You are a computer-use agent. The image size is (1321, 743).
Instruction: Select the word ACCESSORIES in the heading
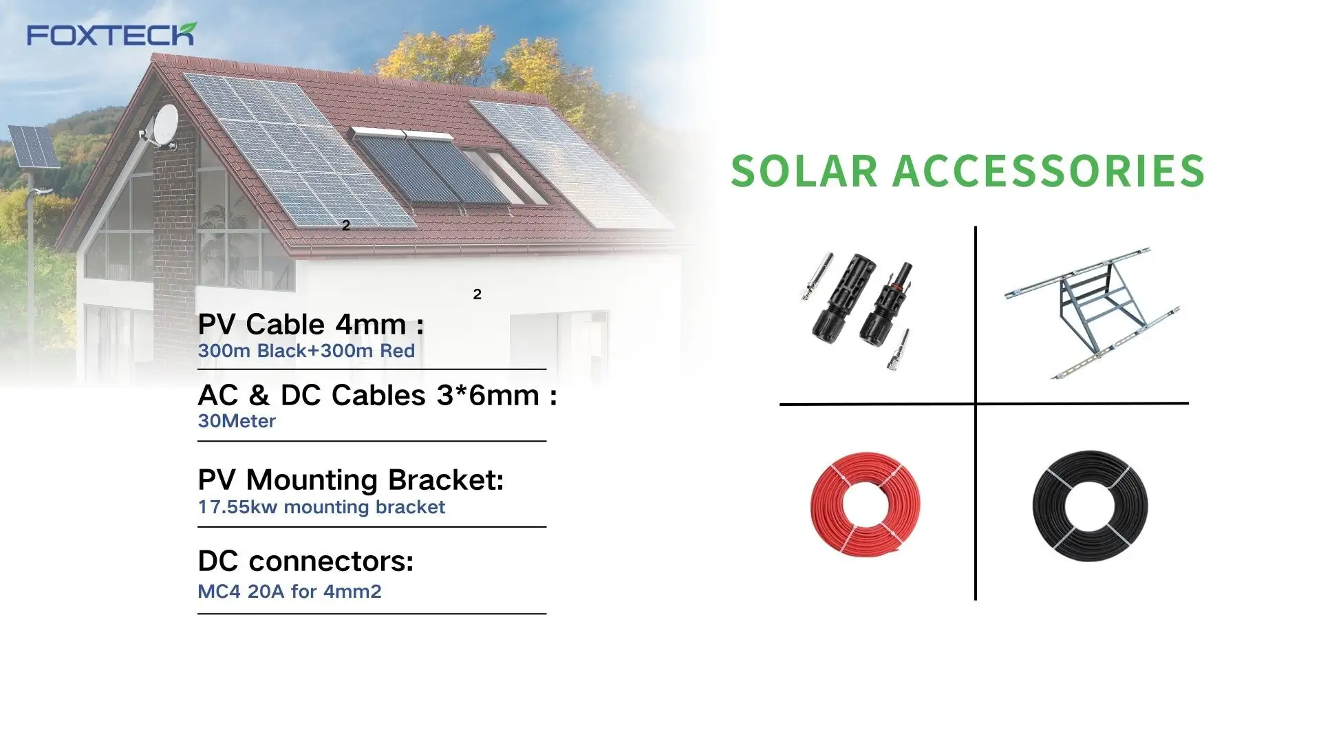(1049, 171)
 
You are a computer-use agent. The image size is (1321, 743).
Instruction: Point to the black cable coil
(1090, 506)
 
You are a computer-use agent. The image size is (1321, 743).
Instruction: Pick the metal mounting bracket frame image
(1093, 313)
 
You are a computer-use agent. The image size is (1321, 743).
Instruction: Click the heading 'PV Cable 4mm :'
(310, 324)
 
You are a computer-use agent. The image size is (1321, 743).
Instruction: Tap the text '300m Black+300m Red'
(306, 351)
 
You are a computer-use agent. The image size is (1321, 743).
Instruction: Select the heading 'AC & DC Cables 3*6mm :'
(377, 396)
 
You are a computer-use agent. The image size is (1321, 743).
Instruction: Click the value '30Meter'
(237, 421)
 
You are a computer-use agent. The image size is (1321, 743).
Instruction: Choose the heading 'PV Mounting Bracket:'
(351, 480)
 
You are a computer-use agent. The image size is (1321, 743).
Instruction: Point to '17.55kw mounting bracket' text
(321, 508)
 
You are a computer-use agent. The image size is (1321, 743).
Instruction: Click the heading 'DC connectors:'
(305, 561)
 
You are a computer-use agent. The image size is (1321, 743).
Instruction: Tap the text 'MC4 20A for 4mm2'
(290, 592)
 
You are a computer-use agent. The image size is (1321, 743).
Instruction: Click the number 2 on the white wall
(477, 294)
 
